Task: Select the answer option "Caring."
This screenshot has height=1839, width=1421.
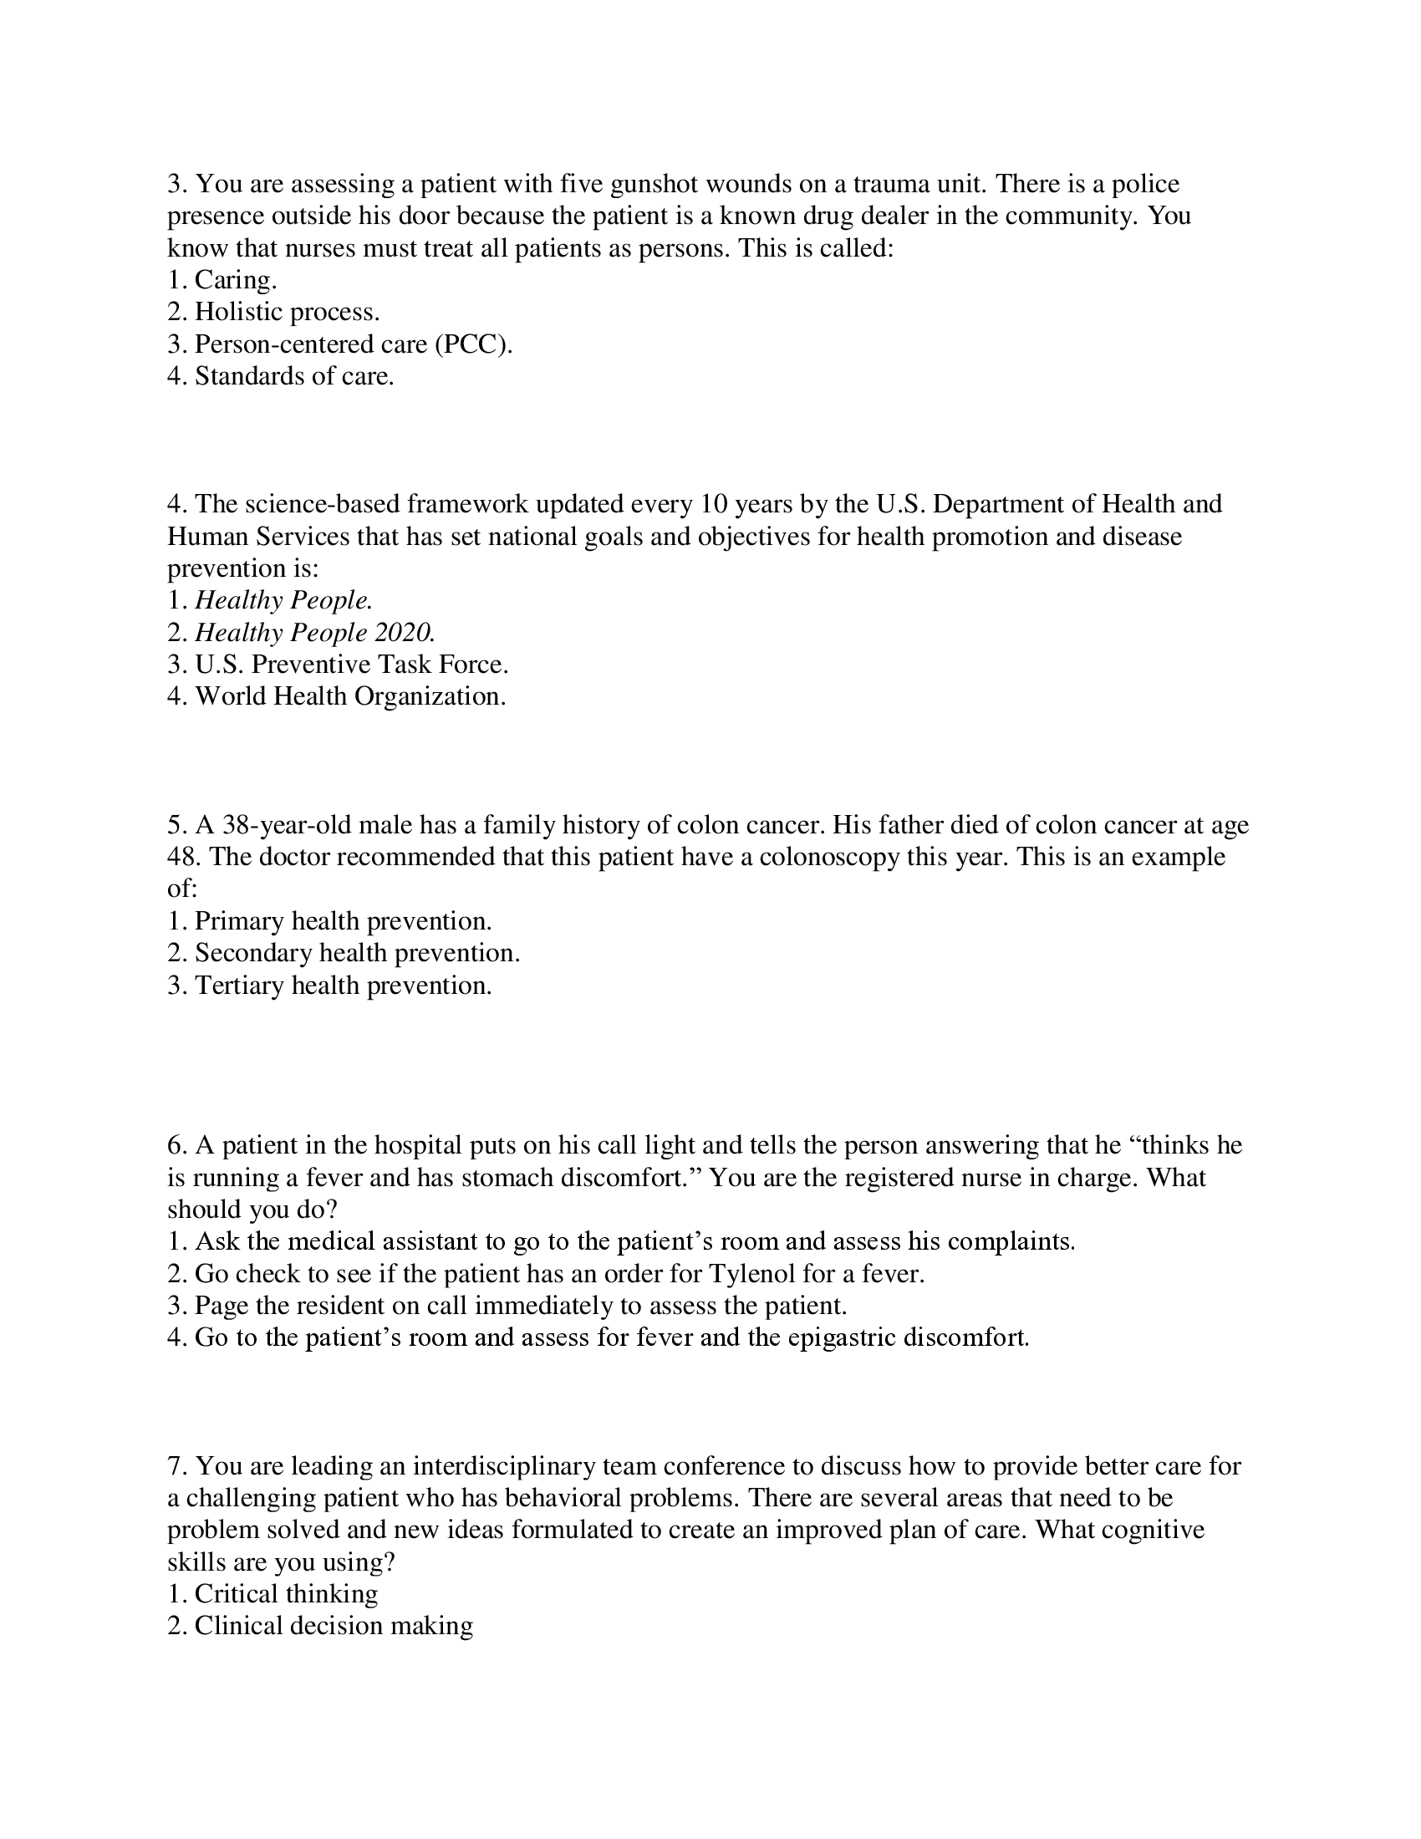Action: tap(235, 279)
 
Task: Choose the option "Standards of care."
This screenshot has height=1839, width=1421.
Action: tap(293, 375)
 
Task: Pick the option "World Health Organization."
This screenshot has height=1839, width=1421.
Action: tap(350, 696)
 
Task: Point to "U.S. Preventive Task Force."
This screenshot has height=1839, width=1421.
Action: tap(351, 665)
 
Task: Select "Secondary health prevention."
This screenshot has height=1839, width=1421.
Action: tap(357, 952)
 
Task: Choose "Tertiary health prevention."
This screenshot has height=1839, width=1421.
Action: tap(343, 985)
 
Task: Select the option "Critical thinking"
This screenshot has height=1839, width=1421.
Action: tap(285, 1594)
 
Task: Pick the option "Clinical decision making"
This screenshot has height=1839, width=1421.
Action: tap(334, 1626)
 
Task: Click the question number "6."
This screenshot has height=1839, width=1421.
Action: tap(176, 1145)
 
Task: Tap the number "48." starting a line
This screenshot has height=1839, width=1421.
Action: tap(184, 856)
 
